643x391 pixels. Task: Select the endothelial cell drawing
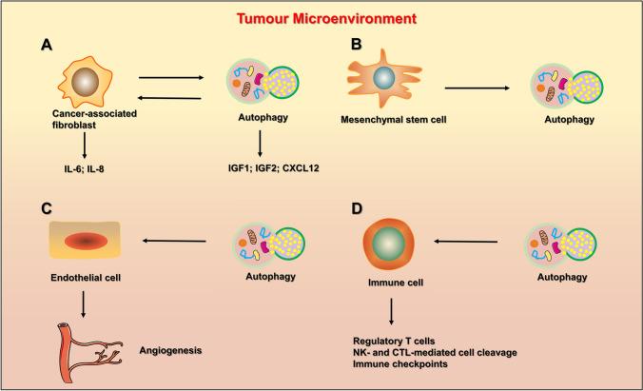tap(83, 243)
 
